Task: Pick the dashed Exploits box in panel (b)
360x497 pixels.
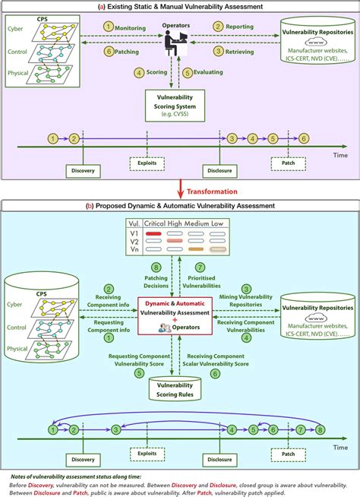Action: tap(146, 456)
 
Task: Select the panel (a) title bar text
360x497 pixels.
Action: tap(180, 7)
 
